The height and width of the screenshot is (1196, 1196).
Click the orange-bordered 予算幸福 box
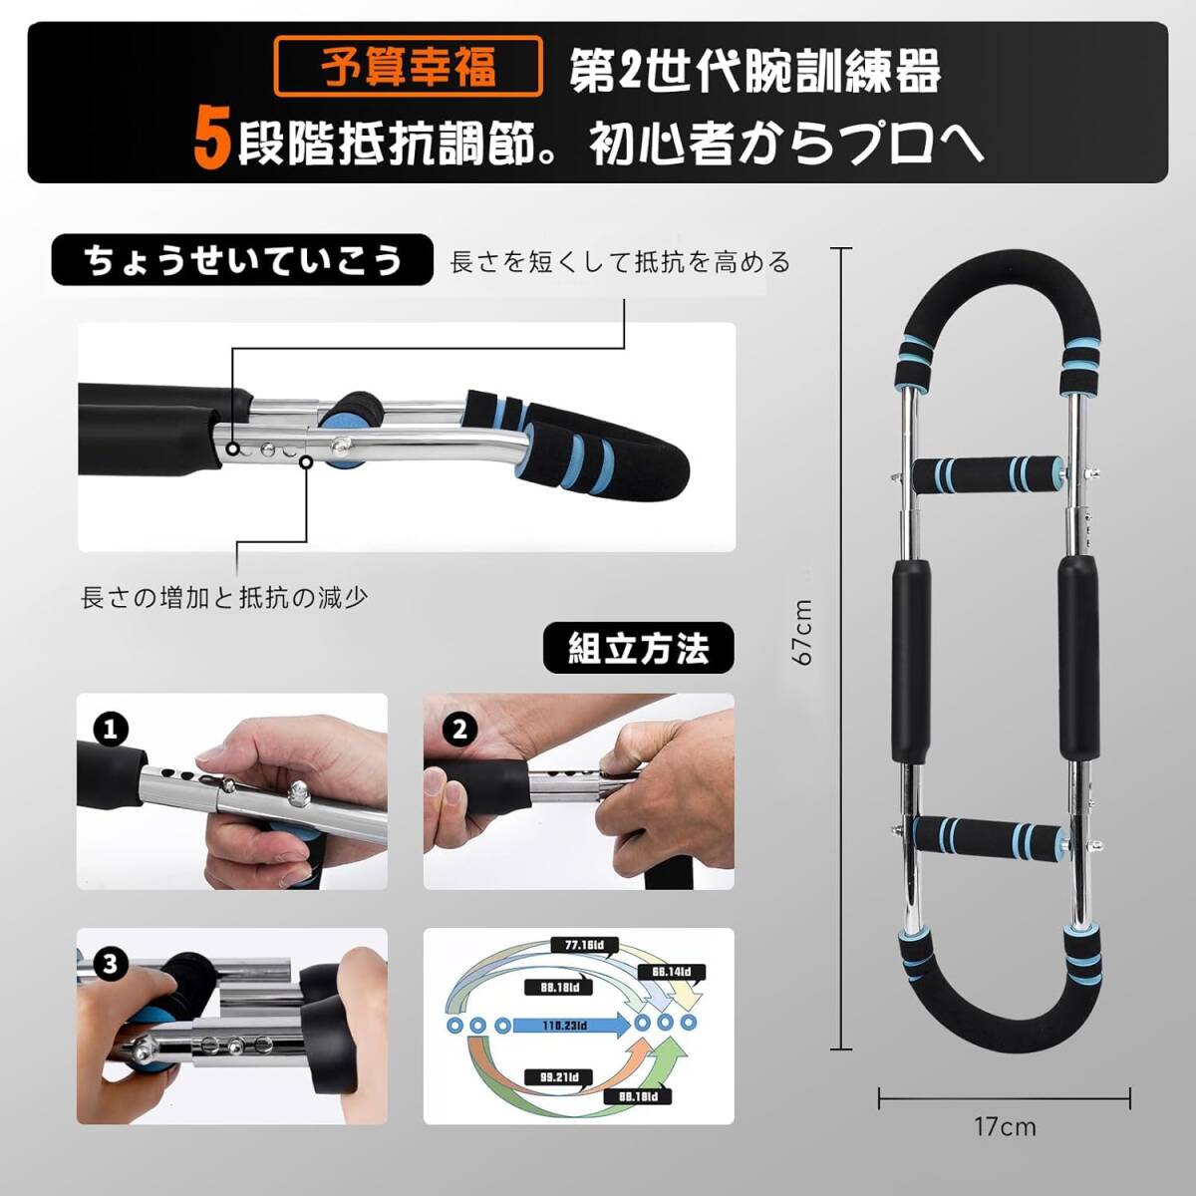coord(409,66)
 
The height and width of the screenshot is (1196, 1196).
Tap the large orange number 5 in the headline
coord(212,140)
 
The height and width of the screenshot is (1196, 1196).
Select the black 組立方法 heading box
coord(638,649)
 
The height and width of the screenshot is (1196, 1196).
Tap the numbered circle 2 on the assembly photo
coord(457,729)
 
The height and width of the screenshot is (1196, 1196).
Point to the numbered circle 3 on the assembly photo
coord(110,964)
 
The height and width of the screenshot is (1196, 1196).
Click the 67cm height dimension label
coord(801,632)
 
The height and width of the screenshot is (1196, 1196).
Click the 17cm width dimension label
coord(1004,1127)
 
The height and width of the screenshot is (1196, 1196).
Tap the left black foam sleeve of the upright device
coord(910,659)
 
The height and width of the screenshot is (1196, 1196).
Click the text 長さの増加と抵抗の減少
coord(224,598)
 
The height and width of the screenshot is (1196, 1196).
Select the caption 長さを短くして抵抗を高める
coord(620,262)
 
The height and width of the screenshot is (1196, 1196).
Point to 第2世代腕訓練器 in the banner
coord(754,73)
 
